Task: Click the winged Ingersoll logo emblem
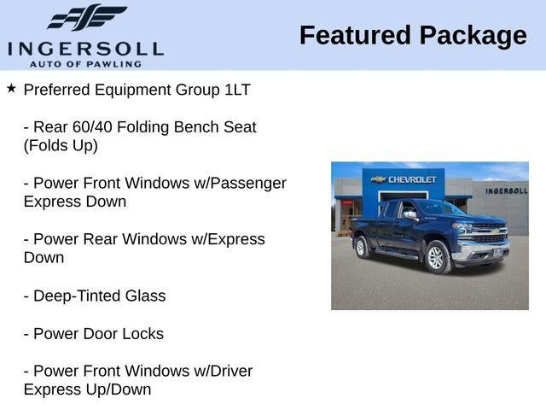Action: click(87, 17)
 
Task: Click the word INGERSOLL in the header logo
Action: click(85, 50)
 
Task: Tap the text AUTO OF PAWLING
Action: click(85, 64)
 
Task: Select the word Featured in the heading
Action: click(355, 35)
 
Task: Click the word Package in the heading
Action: click(473, 37)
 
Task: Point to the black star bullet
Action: click(11, 88)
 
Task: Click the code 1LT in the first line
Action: click(237, 90)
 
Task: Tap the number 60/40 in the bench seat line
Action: click(92, 127)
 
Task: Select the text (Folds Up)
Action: click(61, 146)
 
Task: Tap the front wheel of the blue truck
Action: click(437, 257)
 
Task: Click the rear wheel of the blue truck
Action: click(361, 247)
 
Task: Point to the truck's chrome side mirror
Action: click(410, 214)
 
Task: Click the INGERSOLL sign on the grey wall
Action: click(507, 191)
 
